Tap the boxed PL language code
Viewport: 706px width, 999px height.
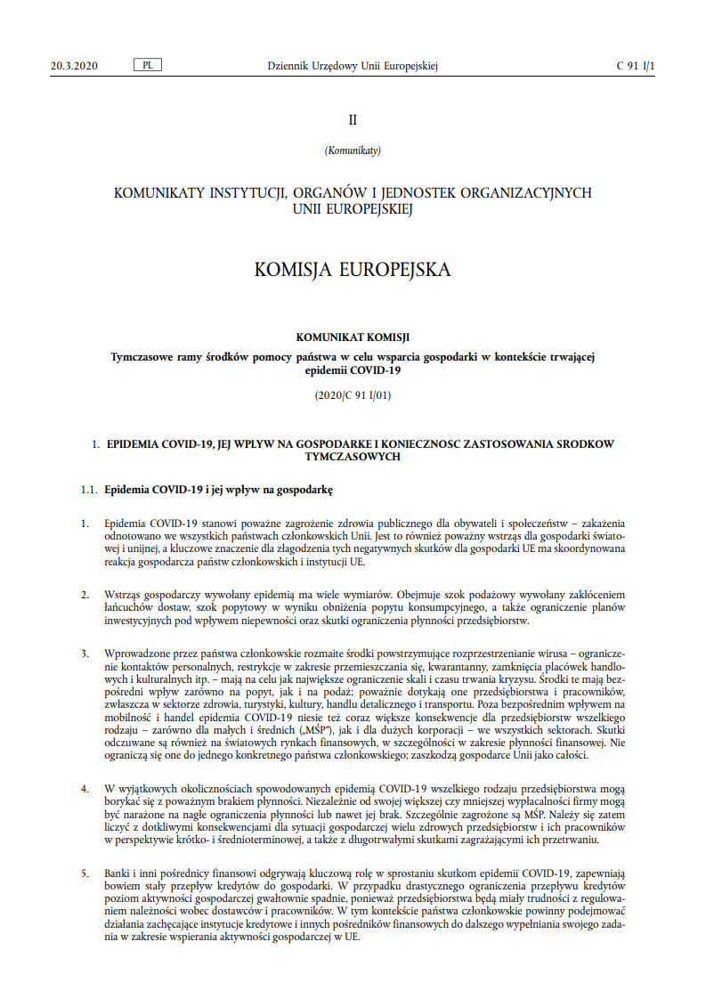tap(146, 66)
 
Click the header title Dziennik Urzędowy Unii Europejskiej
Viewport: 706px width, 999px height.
tap(353, 66)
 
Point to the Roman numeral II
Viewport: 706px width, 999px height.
tap(353, 119)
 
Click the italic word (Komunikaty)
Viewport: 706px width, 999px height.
tap(353, 150)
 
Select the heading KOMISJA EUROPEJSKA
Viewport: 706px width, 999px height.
tap(353, 269)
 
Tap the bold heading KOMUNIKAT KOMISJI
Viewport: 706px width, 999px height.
tap(353, 337)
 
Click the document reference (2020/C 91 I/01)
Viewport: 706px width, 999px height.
tap(353, 394)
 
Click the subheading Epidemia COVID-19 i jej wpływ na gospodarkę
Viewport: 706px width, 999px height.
tap(218, 490)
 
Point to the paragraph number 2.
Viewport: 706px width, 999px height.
tap(84, 594)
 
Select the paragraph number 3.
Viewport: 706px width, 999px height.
tap(84, 653)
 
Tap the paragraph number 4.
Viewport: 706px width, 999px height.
tap(84, 789)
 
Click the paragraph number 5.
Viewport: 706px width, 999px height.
tap(84, 873)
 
